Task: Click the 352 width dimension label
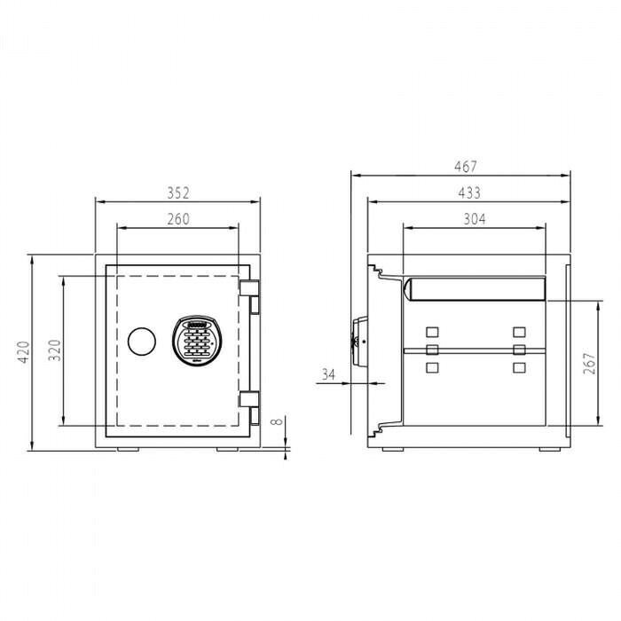point(178,193)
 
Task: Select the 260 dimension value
point(178,219)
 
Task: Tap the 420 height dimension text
point(24,352)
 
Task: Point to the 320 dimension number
point(54,350)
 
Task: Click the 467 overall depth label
point(466,167)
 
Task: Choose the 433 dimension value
point(469,193)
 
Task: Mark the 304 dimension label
point(475,219)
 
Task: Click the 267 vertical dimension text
point(589,363)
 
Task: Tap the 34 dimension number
point(328,374)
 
